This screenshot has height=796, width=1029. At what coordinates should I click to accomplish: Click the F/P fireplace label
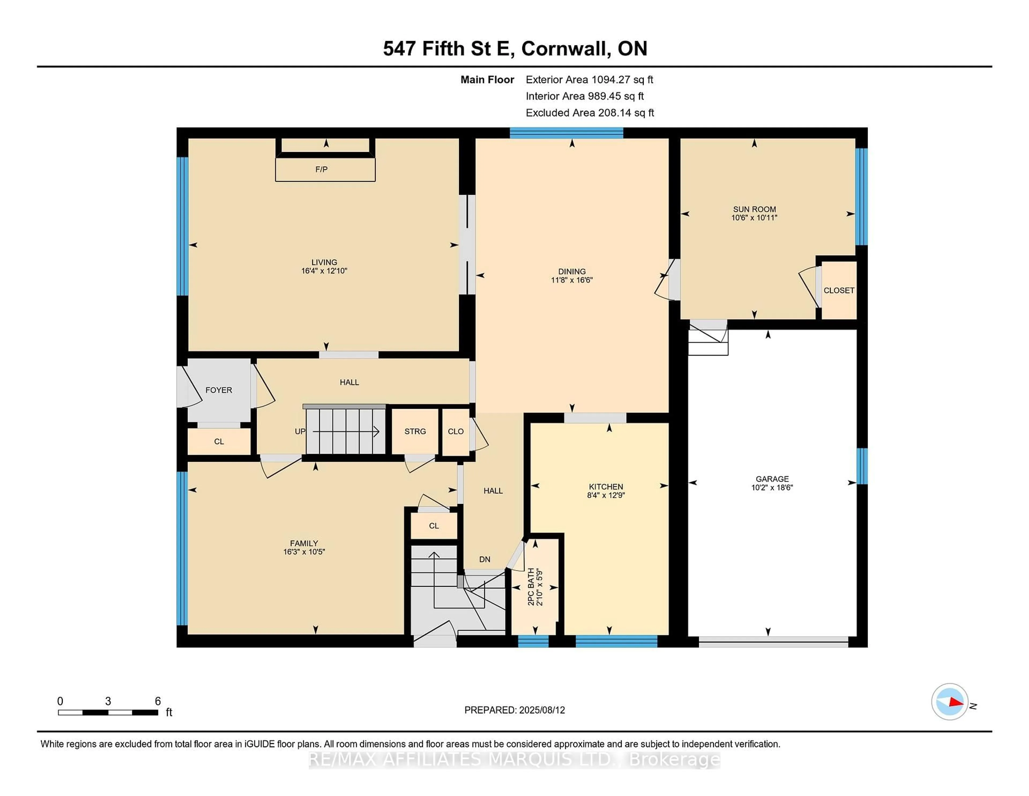321,169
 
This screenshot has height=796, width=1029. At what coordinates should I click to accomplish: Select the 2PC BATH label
531,587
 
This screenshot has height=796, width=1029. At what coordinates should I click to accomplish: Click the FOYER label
219,390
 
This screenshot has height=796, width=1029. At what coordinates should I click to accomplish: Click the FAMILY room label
304,543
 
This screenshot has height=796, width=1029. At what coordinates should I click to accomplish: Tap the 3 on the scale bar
108,701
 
